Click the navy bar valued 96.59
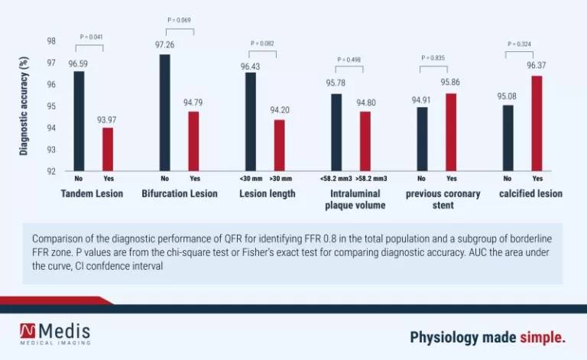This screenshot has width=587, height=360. point(79,121)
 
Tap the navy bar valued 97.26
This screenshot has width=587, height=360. point(164,112)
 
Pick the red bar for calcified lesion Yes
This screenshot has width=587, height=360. point(537,123)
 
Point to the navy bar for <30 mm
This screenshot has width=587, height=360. point(250,122)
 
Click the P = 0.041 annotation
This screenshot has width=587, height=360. point(92,37)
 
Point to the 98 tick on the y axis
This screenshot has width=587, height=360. point(51,41)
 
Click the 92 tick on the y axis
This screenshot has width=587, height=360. point(51,171)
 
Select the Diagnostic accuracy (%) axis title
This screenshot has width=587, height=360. point(24,105)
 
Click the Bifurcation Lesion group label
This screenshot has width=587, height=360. point(180,194)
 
